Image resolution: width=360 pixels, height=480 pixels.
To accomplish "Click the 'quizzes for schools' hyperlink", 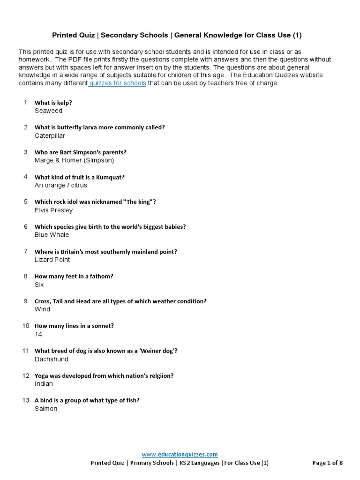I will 118,83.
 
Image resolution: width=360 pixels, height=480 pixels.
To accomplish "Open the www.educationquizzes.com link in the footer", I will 180,454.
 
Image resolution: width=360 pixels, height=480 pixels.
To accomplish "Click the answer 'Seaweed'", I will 48,111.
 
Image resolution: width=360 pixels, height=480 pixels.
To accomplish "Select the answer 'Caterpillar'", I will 50,136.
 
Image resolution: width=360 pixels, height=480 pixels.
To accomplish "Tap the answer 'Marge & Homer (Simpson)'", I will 74,160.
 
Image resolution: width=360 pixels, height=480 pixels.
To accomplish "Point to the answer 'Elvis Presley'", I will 53,210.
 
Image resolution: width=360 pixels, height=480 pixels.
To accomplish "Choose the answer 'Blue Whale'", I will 52,235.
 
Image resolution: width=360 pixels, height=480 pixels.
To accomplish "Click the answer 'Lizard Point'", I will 52,260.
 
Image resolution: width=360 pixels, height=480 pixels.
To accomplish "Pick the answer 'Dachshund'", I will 52,359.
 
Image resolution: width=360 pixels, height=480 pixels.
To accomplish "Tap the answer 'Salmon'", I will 46,409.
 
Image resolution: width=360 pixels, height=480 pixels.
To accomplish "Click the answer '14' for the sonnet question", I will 38,334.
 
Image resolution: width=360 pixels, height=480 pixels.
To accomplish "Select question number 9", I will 26,301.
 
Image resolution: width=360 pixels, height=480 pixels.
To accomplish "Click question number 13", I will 26,400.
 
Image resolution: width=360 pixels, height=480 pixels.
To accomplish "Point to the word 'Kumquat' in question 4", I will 110,177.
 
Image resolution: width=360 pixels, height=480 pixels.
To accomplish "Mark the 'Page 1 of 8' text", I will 327,463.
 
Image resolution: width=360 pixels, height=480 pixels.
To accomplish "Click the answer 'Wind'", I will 42,309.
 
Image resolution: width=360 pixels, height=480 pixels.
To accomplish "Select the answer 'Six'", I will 39,285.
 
